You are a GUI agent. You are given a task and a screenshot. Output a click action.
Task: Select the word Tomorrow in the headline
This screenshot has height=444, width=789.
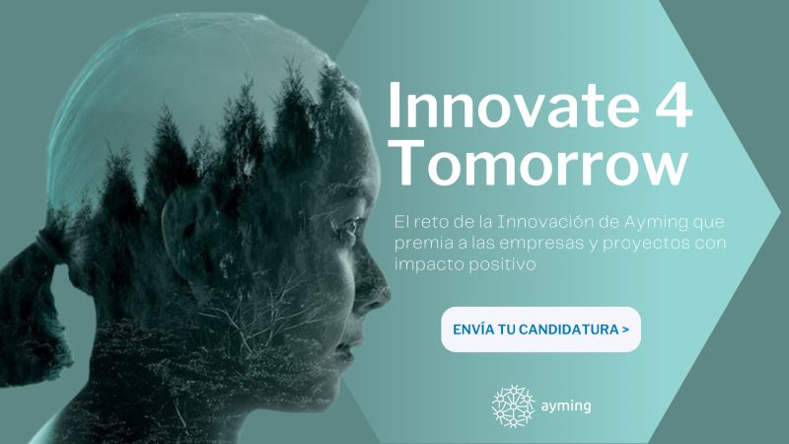[540, 162]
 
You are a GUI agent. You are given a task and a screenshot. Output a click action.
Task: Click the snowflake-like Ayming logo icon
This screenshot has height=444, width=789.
[513, 407]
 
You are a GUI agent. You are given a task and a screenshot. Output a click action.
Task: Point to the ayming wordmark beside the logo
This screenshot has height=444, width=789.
[566, 407]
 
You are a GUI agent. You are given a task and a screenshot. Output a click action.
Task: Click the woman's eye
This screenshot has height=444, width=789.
[350, 225]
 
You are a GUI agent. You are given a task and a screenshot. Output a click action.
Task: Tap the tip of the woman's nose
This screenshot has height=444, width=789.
[389, 292]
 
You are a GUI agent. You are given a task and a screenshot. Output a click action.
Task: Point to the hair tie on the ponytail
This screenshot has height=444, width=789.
[48, 247]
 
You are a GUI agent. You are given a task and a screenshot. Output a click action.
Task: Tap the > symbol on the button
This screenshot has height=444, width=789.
[625, 330]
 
